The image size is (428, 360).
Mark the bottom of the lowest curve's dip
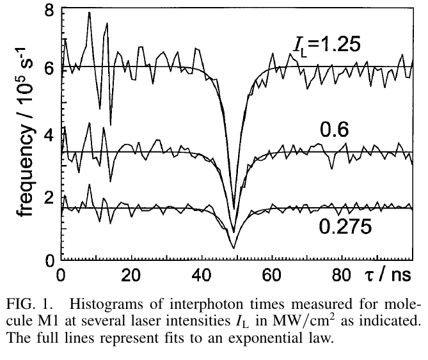234,247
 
